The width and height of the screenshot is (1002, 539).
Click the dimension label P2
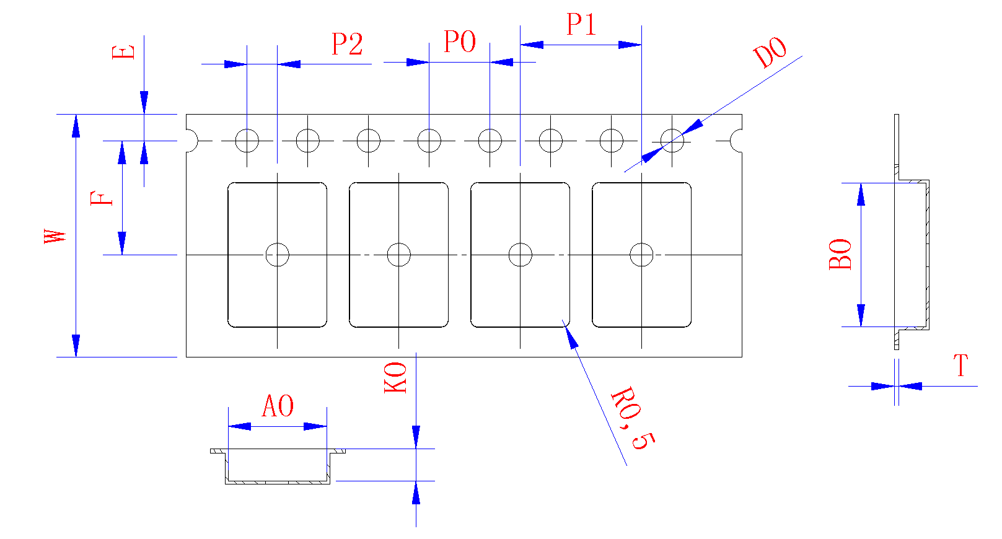[347, 44]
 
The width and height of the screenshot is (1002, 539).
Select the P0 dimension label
[460, 42]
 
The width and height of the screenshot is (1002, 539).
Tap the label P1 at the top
[581, 25]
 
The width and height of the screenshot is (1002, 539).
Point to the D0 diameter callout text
[770, 53]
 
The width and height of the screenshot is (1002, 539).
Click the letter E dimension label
[123, 51]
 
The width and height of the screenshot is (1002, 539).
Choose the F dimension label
[102, 198]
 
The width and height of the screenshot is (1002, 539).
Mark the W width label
[55, 236]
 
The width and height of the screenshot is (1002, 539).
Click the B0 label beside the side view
[840, 254]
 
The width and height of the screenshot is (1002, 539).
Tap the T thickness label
[960, 366]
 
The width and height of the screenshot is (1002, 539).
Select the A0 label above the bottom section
[278, 406]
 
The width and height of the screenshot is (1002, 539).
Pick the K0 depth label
[395, 377]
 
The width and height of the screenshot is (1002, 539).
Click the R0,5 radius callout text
[633, 418]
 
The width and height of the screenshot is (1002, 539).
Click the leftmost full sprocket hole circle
[247, 141]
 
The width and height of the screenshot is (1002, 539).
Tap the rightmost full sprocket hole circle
[672, 141]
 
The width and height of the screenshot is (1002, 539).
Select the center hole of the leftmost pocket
[277, 255]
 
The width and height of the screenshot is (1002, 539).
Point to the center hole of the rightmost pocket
[641, 255]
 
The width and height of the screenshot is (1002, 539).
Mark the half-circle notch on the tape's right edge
[737, 141]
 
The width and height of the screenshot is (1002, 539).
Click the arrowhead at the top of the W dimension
[76, 126]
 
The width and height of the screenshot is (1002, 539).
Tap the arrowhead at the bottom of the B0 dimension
[861, 315]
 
